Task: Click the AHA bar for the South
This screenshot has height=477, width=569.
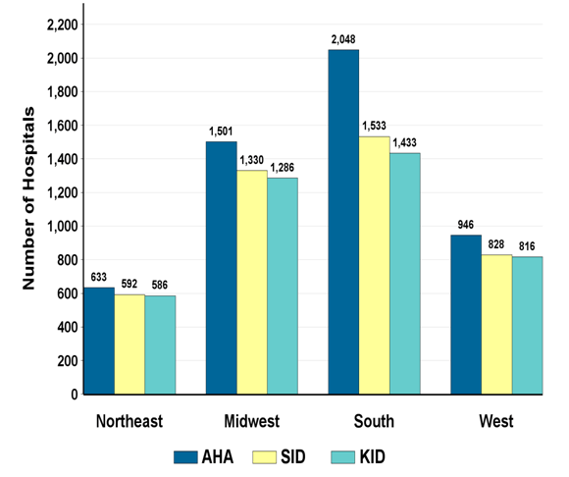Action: coord(343,222)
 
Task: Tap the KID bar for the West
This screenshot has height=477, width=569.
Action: coord(527,326)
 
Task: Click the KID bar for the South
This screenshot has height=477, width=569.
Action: coord(404,274)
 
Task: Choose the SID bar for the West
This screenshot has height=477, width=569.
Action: coord(496,325)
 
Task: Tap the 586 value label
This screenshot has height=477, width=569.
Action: coord(160,286)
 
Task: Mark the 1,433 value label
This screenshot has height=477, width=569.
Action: coord(405,143)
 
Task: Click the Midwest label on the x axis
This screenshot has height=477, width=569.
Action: coord(251,422)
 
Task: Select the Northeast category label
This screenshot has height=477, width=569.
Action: coord(129,422)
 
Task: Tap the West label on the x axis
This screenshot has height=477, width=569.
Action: coord(496,422)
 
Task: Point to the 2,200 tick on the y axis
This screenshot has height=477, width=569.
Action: coord(62,25)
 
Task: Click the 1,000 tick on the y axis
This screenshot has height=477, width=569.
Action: coord(62,227)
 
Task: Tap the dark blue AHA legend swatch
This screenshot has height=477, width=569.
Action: coord(186,455)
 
